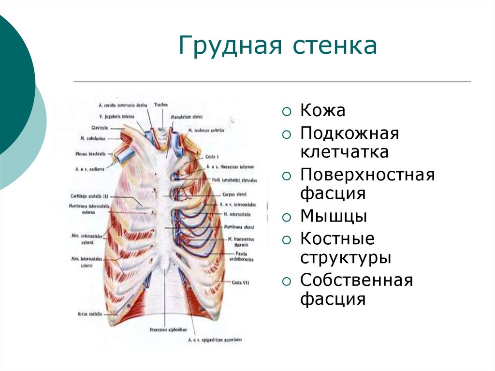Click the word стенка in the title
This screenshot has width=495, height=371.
333,46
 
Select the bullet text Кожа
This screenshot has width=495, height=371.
322,111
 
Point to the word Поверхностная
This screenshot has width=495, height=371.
367,174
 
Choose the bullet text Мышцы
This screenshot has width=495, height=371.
334,216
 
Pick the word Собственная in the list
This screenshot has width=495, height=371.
357,280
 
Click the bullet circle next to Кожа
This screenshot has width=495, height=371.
287,112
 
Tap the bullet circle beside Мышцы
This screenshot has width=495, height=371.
287,217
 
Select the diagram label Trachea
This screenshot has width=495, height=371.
161,104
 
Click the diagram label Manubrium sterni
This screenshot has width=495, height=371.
187,117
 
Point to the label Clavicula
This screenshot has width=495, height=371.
99,128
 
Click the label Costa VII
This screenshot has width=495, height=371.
240,282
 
